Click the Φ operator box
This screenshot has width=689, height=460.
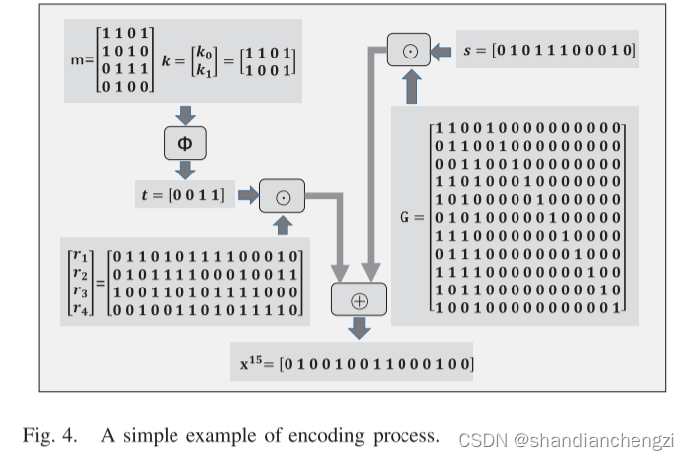185,145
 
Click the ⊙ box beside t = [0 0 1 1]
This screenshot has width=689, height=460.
283,195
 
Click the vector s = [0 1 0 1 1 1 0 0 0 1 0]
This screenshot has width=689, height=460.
548,49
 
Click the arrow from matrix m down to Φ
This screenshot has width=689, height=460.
185,113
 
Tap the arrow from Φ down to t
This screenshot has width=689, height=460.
185,172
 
